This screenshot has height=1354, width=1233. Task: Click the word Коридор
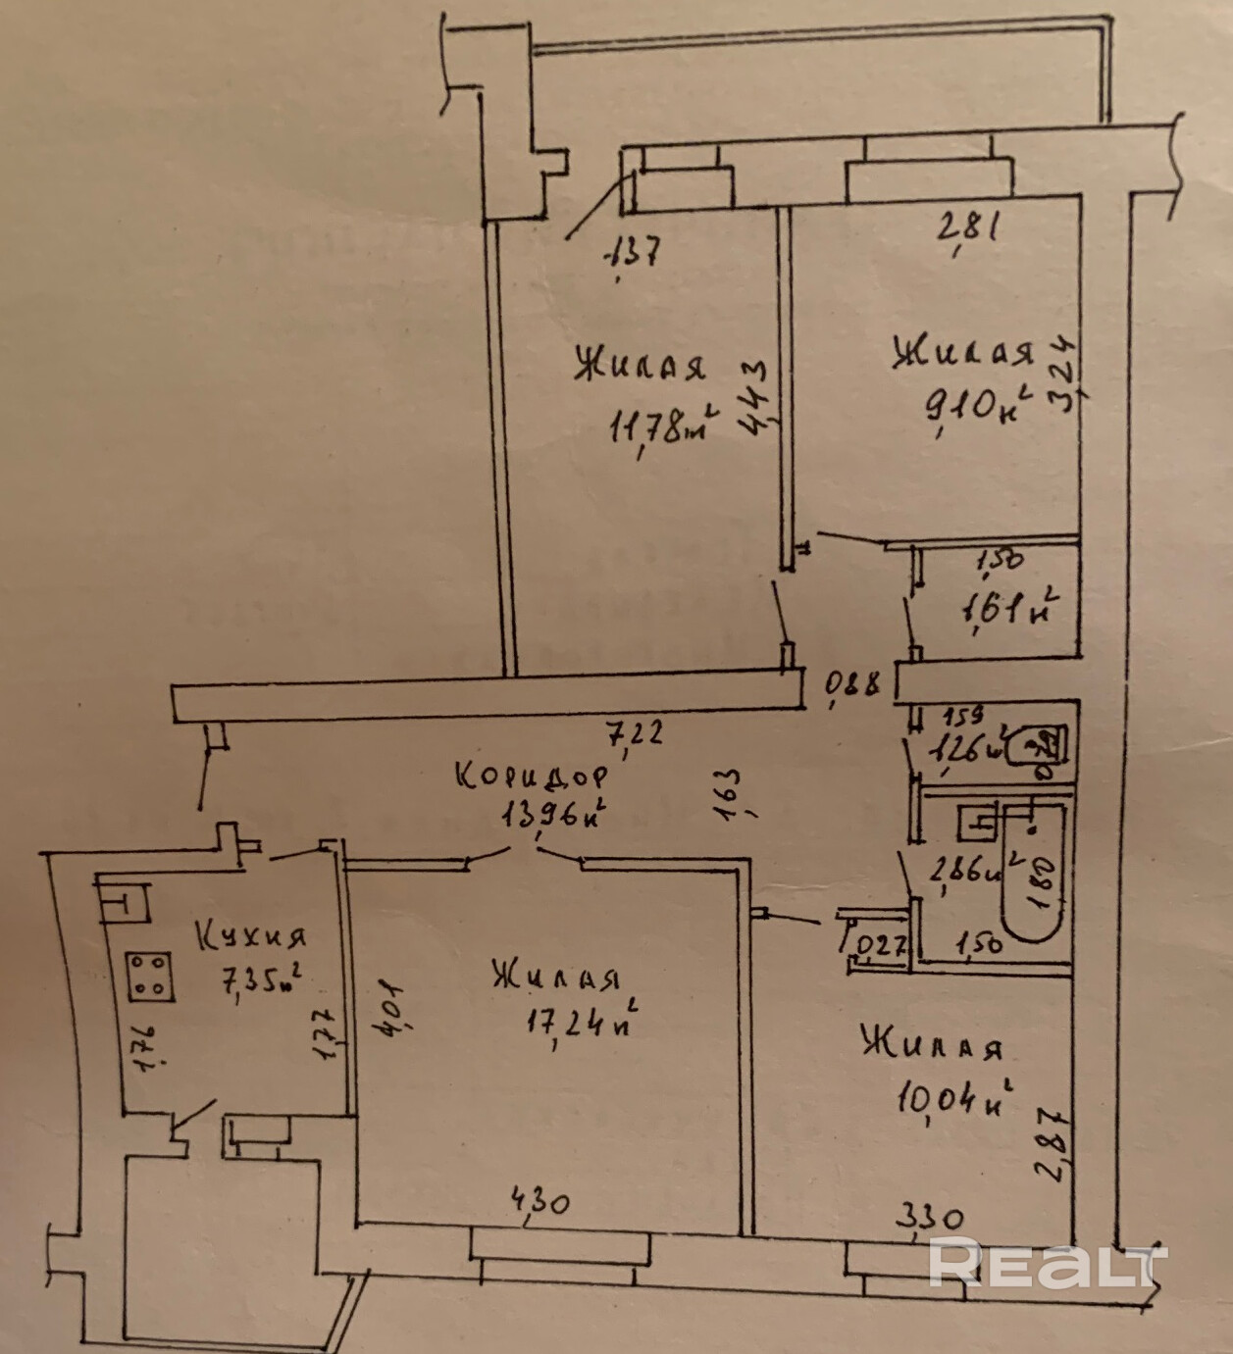[533, 776]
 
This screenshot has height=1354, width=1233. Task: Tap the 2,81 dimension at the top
[968, 228]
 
